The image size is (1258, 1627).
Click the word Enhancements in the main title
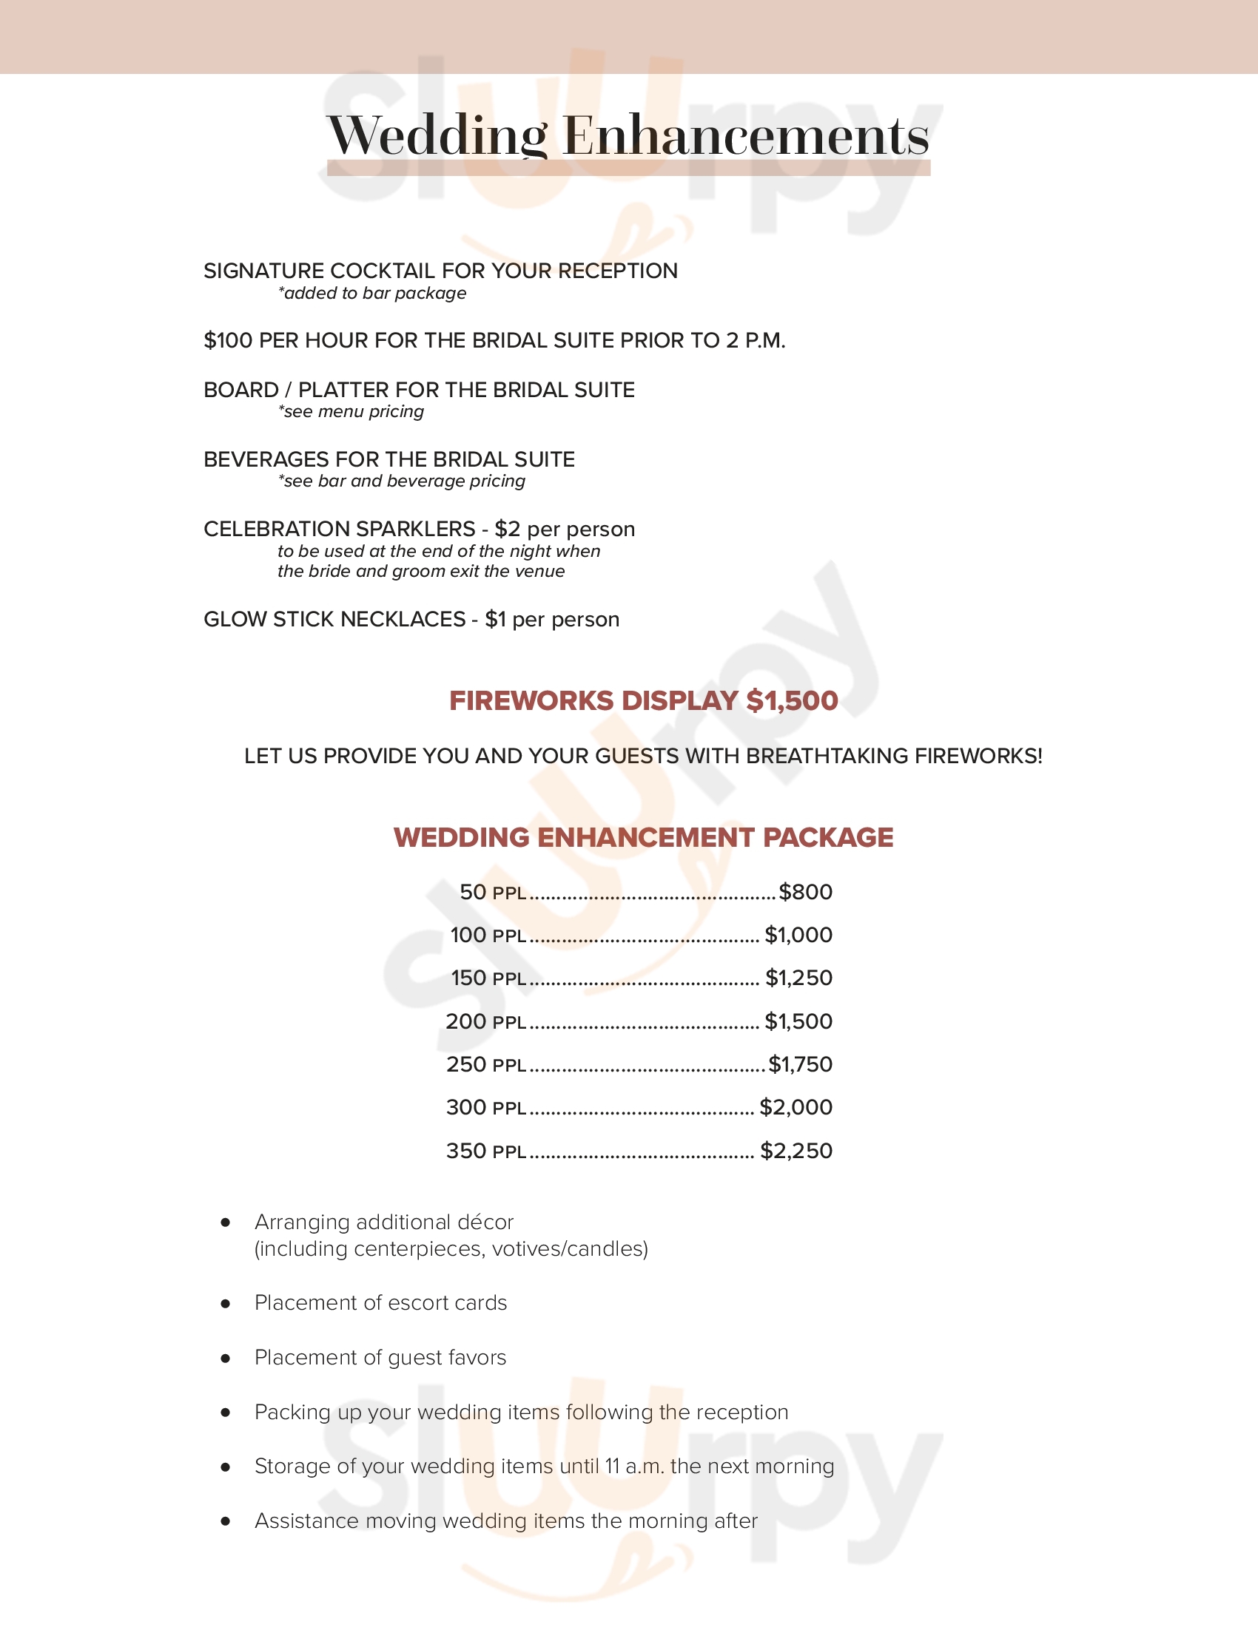(x=745, y=136)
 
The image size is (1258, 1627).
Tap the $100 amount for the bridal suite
(x=228, y=340)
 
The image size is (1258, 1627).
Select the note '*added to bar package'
(x=372, y=293)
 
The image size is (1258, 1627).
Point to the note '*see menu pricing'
(x=350, y=411)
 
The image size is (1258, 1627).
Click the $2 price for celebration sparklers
(x=507, y=529)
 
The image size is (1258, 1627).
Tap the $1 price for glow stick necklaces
(x=496, y=619)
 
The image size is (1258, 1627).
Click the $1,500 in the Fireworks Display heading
(x=792, y=700)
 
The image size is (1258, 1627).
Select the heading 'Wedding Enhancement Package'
(x=643, y=837)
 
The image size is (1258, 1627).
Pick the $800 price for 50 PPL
(x=805, y=892)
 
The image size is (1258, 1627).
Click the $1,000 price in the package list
(x=798, y=935)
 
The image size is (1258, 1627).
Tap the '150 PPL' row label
(x=488, y=978)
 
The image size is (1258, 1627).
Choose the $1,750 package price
(x=800, y=1064)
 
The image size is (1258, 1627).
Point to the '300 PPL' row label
(x=486, y=1108)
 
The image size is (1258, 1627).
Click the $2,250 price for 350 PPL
(x=796, y=1151)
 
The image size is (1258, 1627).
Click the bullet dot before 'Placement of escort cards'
(x=225, y=1303)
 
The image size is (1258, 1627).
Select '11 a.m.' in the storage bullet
(x=634, y=1466)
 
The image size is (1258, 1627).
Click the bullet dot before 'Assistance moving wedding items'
(x=225, y=1521)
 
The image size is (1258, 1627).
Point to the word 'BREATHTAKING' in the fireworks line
(x=827, y=756)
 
